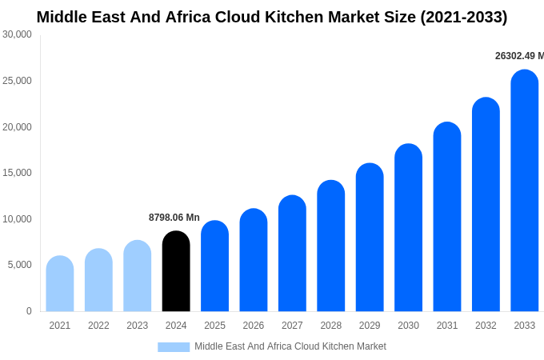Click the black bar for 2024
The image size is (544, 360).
click(x=176, y=271)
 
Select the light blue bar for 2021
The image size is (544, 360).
click(x=60, y=284)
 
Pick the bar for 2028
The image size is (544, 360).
click(x=330, y=246)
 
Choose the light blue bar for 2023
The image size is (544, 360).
click(x=138, y=276)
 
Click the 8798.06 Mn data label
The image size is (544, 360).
click(x=174, y=218)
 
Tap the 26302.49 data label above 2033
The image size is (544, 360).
click(x=518, y=56)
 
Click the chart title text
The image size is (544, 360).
click(x=272, y=17)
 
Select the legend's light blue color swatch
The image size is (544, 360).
click(x=174, y=347)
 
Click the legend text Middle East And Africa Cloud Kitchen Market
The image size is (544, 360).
click(x=290, y=346)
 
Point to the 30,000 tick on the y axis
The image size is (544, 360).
click(x=17, y=34)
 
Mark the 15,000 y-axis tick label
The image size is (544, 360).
click(x=17, y=173)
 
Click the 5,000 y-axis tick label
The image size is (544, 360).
click(x=19, y=265)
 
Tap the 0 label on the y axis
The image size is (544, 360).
click(x=29, y=311)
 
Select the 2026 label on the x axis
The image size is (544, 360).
click(x=254, y=326)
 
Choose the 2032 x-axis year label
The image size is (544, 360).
click(x=486, y=326)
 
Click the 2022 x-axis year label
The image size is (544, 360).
click(x=98, y=326)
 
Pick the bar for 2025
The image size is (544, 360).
click(x=214, y=266)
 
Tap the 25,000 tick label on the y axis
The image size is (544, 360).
click(x=17, y=81)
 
